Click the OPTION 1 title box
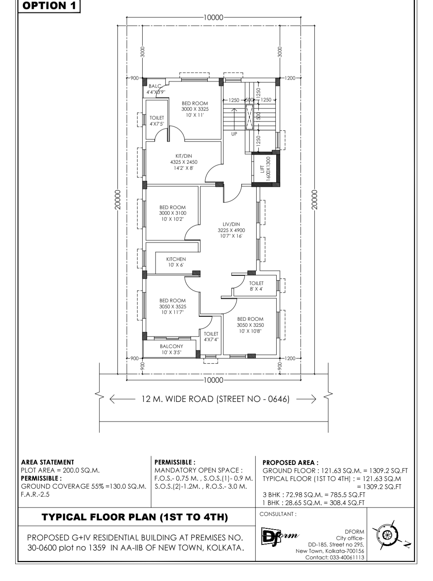49,6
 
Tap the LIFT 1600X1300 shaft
265,169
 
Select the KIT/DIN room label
184,162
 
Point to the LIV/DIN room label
231,230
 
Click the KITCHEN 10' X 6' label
176,262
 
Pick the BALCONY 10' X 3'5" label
172,349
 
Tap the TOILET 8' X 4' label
256,286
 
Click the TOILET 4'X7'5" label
157,121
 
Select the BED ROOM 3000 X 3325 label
195,109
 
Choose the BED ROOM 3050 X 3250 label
250,325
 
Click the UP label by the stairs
234,134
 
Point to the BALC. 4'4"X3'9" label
156,89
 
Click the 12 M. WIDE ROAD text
215,399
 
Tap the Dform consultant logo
280,536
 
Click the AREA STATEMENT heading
48,462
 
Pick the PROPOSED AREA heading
290,463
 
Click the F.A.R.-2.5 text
35,494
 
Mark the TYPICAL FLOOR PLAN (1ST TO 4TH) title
135,517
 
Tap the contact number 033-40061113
347,557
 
